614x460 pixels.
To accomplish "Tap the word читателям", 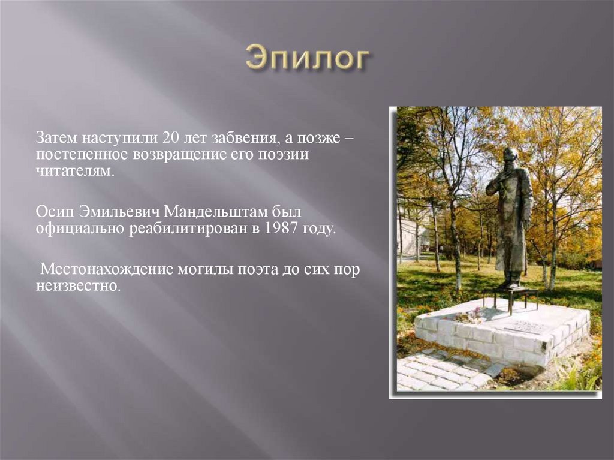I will pos(74,172).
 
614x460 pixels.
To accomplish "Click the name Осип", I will pos(54,211).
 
